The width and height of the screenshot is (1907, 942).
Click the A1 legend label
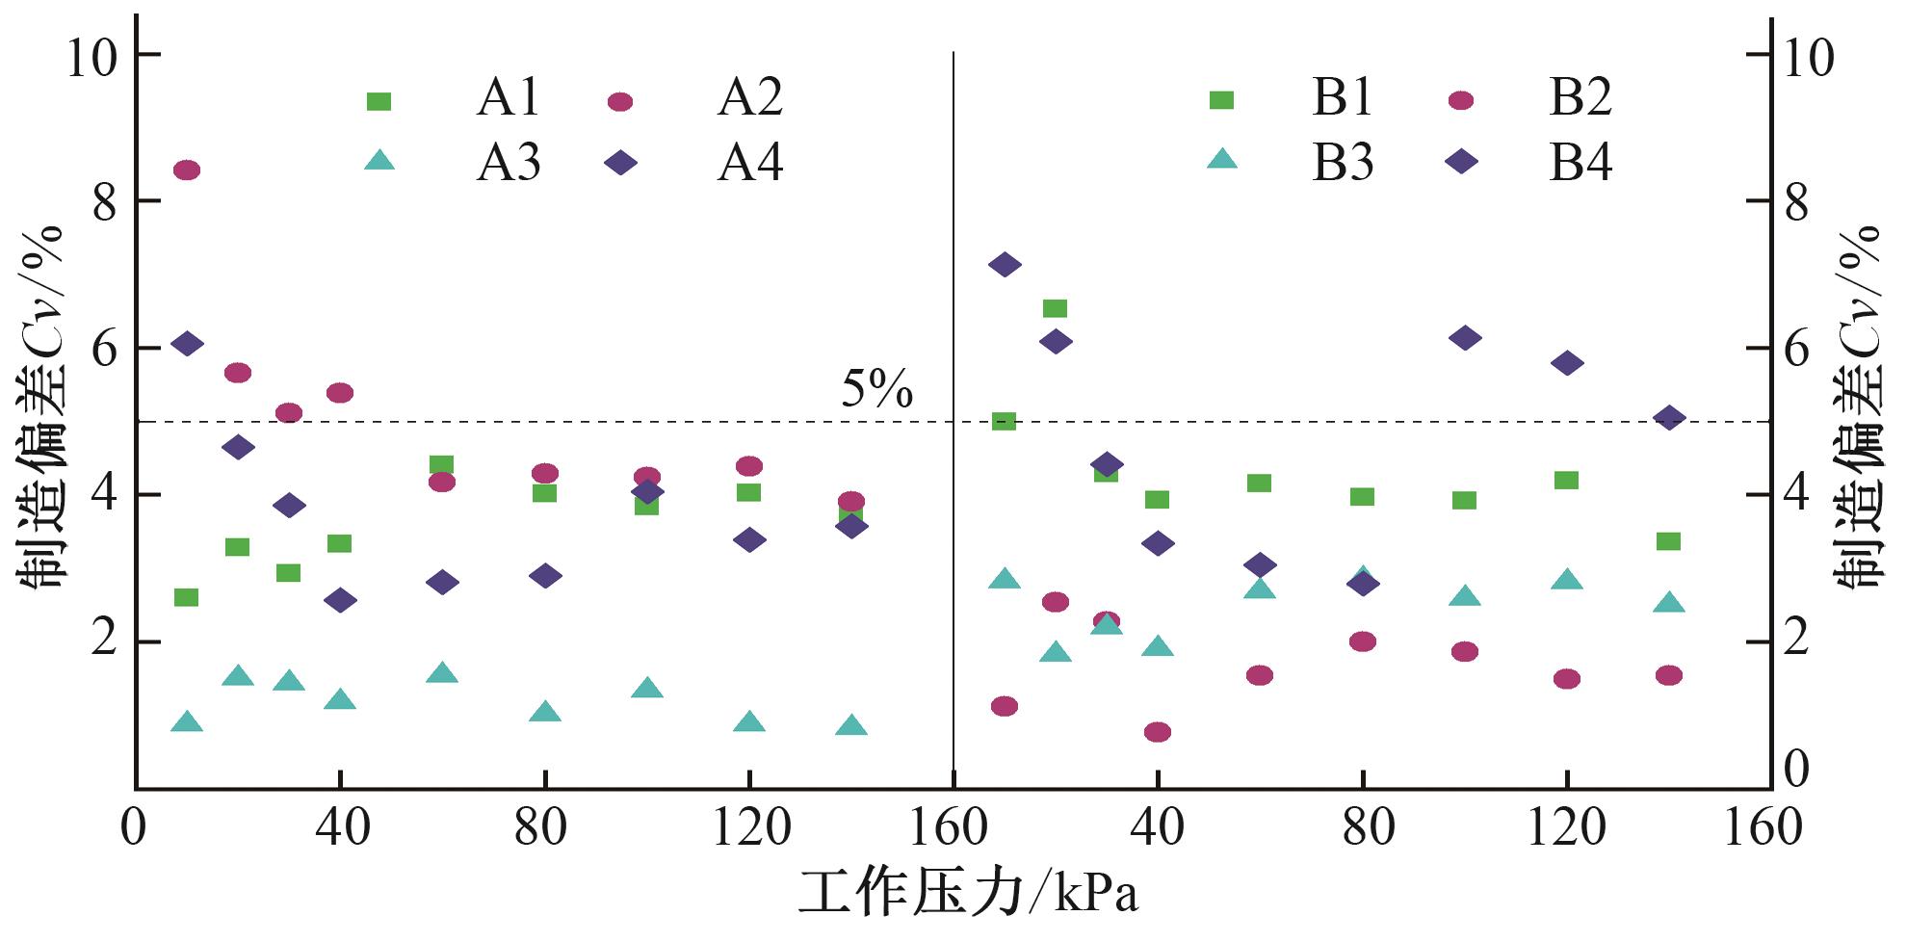click(x=508, y=97)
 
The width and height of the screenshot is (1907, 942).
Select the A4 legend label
click(x=749, y=163)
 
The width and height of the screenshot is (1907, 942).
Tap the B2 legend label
click(x=1580, y=97)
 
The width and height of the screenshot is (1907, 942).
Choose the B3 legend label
click(x=1342, y=163)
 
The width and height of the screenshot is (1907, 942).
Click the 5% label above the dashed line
click(x=876, y=390)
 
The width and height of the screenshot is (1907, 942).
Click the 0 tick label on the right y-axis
click(x=1795, y=769)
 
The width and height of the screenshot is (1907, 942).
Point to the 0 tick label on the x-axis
click(x=133, y=828)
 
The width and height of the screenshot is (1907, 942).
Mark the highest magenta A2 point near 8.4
click(x=186, y=170)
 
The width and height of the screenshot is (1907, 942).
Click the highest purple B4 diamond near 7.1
click(x=1005, y=265)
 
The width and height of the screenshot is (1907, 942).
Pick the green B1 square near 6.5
click(x=1056, y=308)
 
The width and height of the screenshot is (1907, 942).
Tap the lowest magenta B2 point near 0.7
click(x=1158, y=732)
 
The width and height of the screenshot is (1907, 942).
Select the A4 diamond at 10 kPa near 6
click(x=186, y=344)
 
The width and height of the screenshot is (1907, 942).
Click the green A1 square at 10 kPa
click(x=186, y=597)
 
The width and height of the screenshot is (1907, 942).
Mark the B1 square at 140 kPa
click(x=1669, y=541)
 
